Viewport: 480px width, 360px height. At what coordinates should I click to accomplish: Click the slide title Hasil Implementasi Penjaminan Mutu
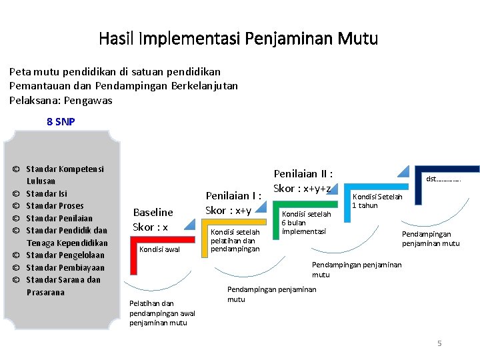(x=238, y=39)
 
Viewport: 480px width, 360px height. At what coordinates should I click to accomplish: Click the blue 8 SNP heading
(x=61, y=121)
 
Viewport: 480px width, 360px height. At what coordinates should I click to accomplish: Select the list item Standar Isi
(x=46, y=193)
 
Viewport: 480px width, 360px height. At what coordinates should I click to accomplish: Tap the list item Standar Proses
(x=55, y=205)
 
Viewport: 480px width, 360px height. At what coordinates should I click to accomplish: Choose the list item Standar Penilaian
(x=59, y=218)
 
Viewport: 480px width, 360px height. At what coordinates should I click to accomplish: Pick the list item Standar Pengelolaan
(x=65, y=255)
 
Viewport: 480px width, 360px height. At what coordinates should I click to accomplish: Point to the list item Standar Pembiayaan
(x=65, y=267)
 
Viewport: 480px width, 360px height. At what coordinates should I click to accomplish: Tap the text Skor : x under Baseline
(x=150, y=227)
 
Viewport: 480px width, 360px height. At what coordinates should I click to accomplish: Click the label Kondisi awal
(x=159, y=249)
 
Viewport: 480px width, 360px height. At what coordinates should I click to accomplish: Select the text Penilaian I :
(x=233, y=196)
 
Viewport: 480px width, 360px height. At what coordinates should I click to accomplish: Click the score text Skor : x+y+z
(x=302, y=189)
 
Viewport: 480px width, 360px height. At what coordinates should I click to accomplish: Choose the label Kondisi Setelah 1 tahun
(x=377, y=201)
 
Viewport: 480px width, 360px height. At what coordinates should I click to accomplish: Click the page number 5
(x=439, y=343)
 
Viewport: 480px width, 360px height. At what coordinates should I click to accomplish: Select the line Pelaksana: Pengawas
(x=61, y=100)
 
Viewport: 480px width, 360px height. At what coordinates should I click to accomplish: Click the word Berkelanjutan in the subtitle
(x=204, y=85)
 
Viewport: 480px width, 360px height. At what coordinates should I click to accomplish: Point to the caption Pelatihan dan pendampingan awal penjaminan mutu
(x=162, y=313)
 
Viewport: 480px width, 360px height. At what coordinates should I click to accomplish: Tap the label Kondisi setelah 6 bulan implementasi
(x=306, y=223)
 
